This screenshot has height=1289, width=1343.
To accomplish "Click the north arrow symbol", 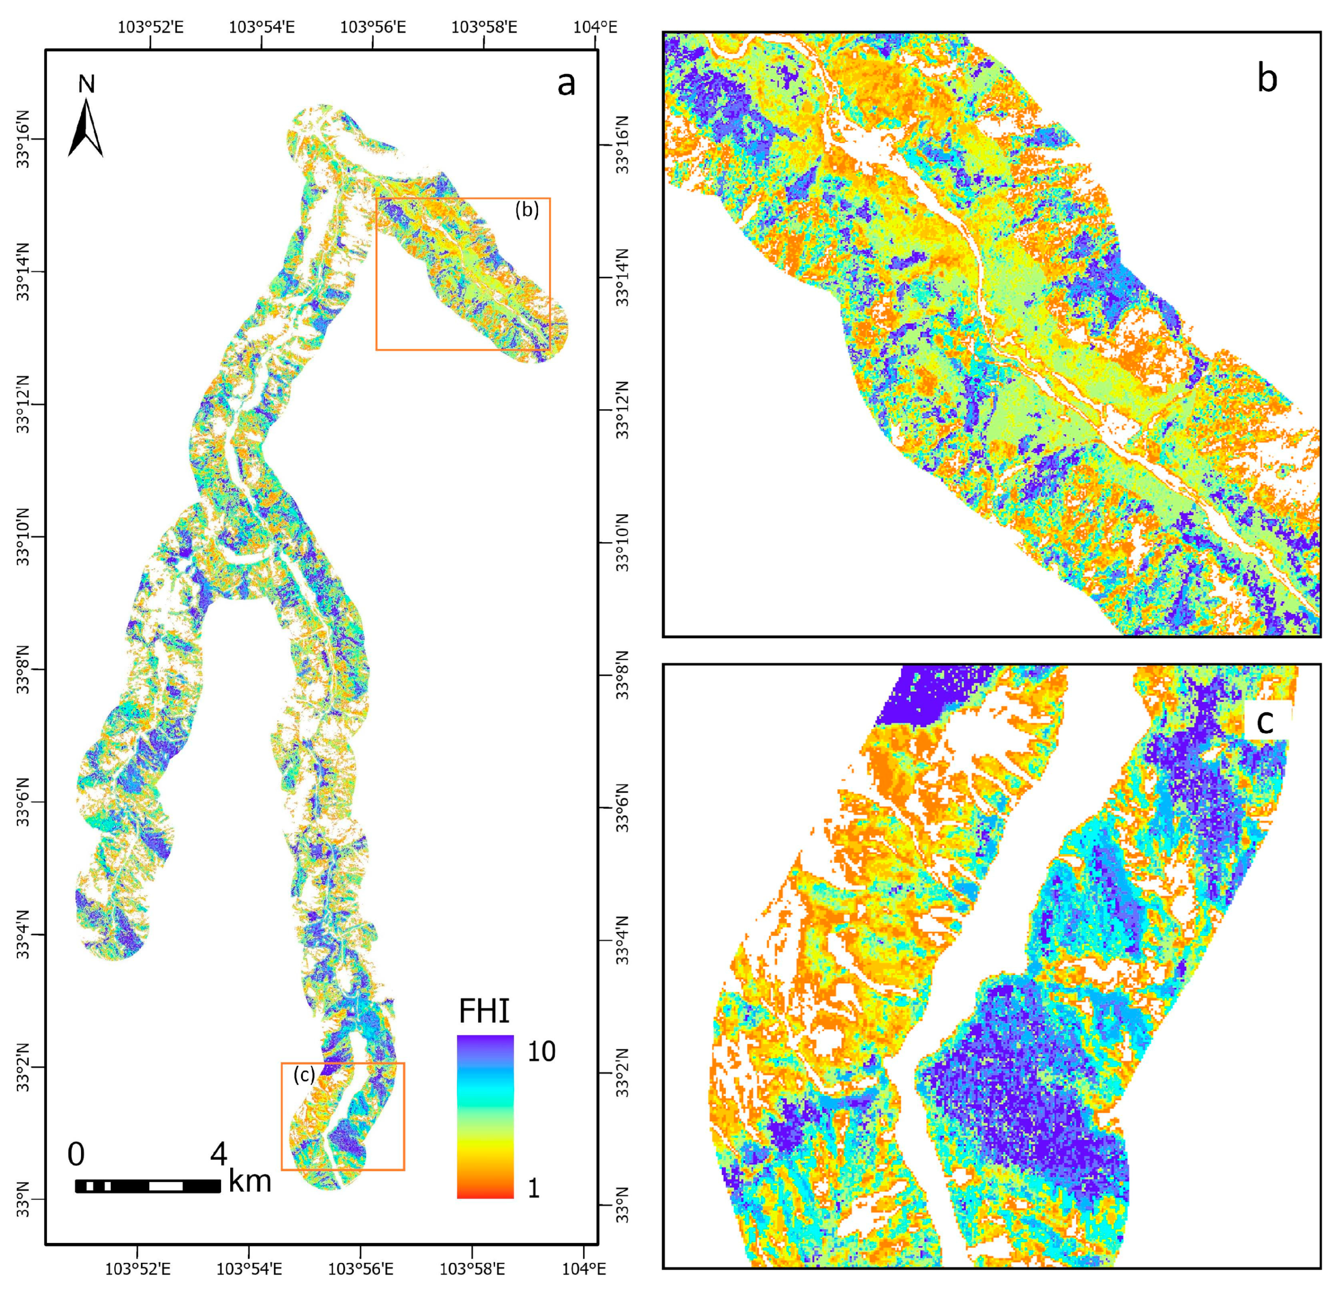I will (86, 129).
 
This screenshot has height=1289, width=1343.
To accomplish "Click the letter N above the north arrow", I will (86, 84).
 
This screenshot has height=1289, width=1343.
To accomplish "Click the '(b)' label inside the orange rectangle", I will (527, 210).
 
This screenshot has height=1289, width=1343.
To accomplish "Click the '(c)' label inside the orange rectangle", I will (304, 1075).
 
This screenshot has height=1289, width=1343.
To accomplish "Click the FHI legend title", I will (484, 1011).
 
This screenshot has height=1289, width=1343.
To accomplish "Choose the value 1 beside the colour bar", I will (534, 1187).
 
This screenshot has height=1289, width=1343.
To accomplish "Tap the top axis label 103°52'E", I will (151, 27).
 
